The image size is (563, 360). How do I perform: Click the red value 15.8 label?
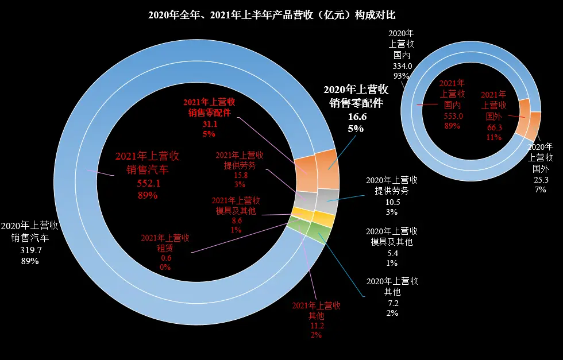pos(240,175)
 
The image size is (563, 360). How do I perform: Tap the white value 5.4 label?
pos(392,251)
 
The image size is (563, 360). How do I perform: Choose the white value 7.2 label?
pos(392,302)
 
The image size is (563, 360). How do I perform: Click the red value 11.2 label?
pos(316,326)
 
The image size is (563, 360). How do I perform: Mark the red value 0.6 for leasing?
pos(165,258)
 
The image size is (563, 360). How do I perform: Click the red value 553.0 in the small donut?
pos(452,116)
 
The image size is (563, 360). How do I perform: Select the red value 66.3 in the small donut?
pos(493,127)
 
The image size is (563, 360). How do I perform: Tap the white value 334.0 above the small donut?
pos(402,65)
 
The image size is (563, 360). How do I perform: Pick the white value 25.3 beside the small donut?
pos(540,179)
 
